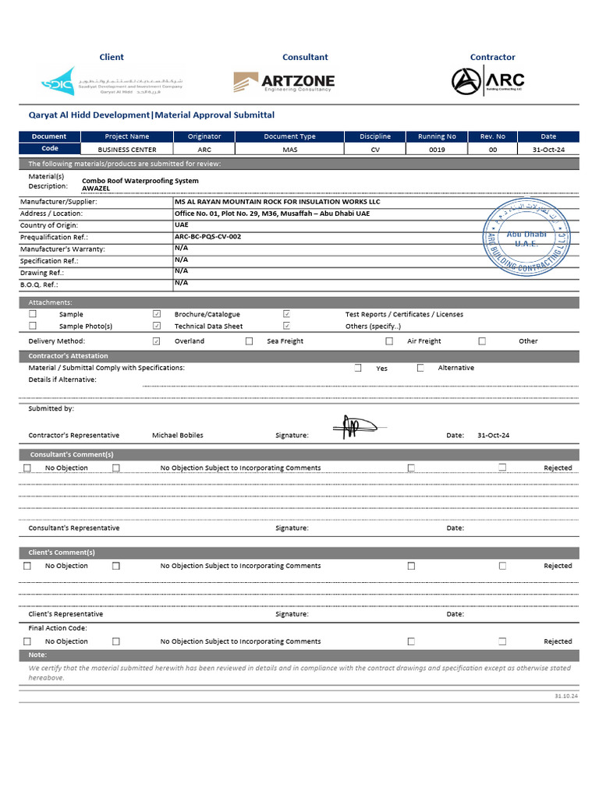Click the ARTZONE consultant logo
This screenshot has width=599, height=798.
(x=284, y=82)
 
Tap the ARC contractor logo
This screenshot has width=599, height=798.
(x=488, y=80)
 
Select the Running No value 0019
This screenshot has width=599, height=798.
(x=437, y=150)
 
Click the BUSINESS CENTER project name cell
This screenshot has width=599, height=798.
(x=127, y=150)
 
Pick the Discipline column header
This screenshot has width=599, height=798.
(x=375, y=136)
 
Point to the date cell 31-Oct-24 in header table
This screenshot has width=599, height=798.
(x=548, y=150)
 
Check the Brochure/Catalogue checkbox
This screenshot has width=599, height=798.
(x=157, y=314)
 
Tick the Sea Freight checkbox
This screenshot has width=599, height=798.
(x=250, y=341)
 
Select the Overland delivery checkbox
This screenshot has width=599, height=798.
(x=157, y=341)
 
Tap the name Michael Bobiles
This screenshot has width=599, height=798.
(x=177, y=436)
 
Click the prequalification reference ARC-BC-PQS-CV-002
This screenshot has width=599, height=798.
(x=207, y=236)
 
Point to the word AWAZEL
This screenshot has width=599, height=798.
(x=97, y=189)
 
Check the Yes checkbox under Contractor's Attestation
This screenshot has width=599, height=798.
(x=358, y=368)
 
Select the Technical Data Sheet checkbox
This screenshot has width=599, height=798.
(x=157, y=326)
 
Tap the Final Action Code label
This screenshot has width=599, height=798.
(x=58, y=628)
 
